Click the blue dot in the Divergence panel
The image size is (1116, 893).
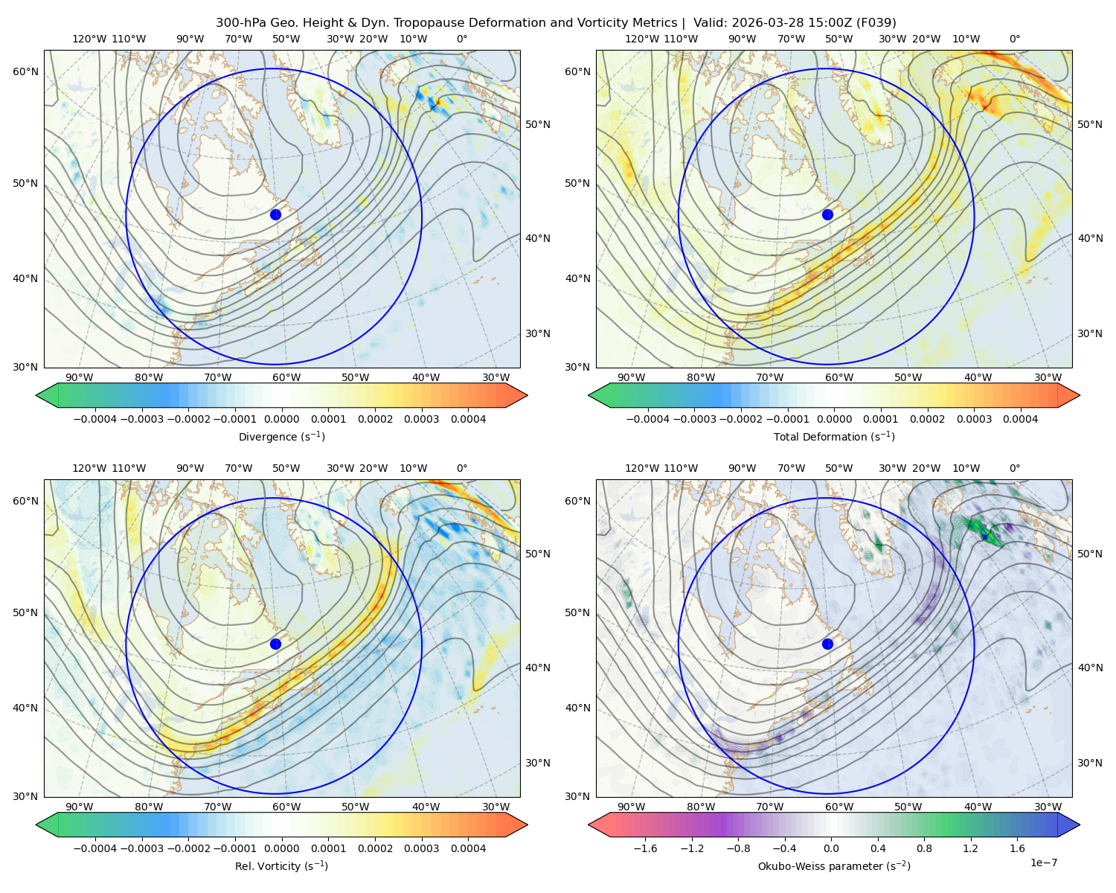275,214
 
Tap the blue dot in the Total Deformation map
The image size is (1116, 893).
827,214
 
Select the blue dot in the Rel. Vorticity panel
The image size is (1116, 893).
275,644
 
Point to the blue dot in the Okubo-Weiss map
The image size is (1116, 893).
827,644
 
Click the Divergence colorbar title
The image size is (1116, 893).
281,436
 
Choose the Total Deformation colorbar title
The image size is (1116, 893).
834,436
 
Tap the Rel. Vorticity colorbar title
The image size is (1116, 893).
281,866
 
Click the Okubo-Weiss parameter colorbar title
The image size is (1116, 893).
834,866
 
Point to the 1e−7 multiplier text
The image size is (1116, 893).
1043,862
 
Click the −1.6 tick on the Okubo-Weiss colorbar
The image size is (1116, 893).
645,848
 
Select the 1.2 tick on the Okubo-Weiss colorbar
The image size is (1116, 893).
970,848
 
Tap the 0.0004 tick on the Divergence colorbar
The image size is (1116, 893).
468,419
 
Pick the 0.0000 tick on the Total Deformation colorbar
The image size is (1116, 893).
835,419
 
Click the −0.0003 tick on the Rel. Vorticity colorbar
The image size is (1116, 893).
141,848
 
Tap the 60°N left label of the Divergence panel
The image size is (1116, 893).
25,71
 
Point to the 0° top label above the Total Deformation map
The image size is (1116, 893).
1014,39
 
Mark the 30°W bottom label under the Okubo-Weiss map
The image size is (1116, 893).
1048,807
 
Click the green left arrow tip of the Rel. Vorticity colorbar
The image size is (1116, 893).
36,825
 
